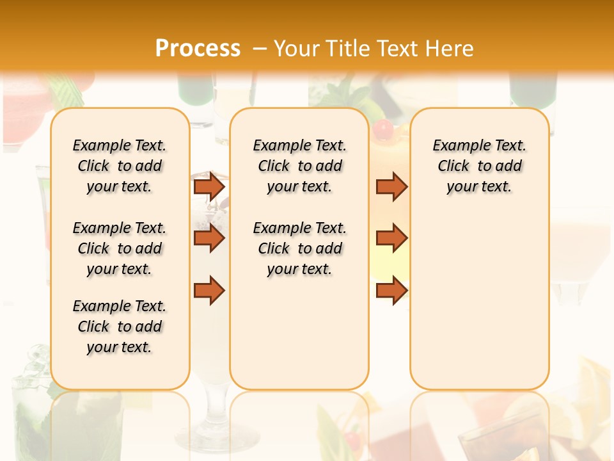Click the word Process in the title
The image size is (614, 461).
pos(198,49)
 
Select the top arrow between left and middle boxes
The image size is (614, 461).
pos(209,186)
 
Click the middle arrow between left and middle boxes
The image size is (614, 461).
pos(209,238)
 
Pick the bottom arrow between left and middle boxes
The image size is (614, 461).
pos(209,290)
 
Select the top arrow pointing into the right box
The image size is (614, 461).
pos(391,186)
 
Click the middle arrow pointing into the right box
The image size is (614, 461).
pos(391,238)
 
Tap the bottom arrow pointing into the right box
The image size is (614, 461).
pos(391,290)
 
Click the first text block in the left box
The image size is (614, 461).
pos(120,166)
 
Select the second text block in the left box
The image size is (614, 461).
pos(120,248)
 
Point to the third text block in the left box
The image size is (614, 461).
pos(120,327)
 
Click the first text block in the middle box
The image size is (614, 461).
pos(299,166)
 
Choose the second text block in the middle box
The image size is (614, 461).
pos(299,248)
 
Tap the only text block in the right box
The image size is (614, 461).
pos(479,166)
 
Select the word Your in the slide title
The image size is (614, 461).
pos(298,49)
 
